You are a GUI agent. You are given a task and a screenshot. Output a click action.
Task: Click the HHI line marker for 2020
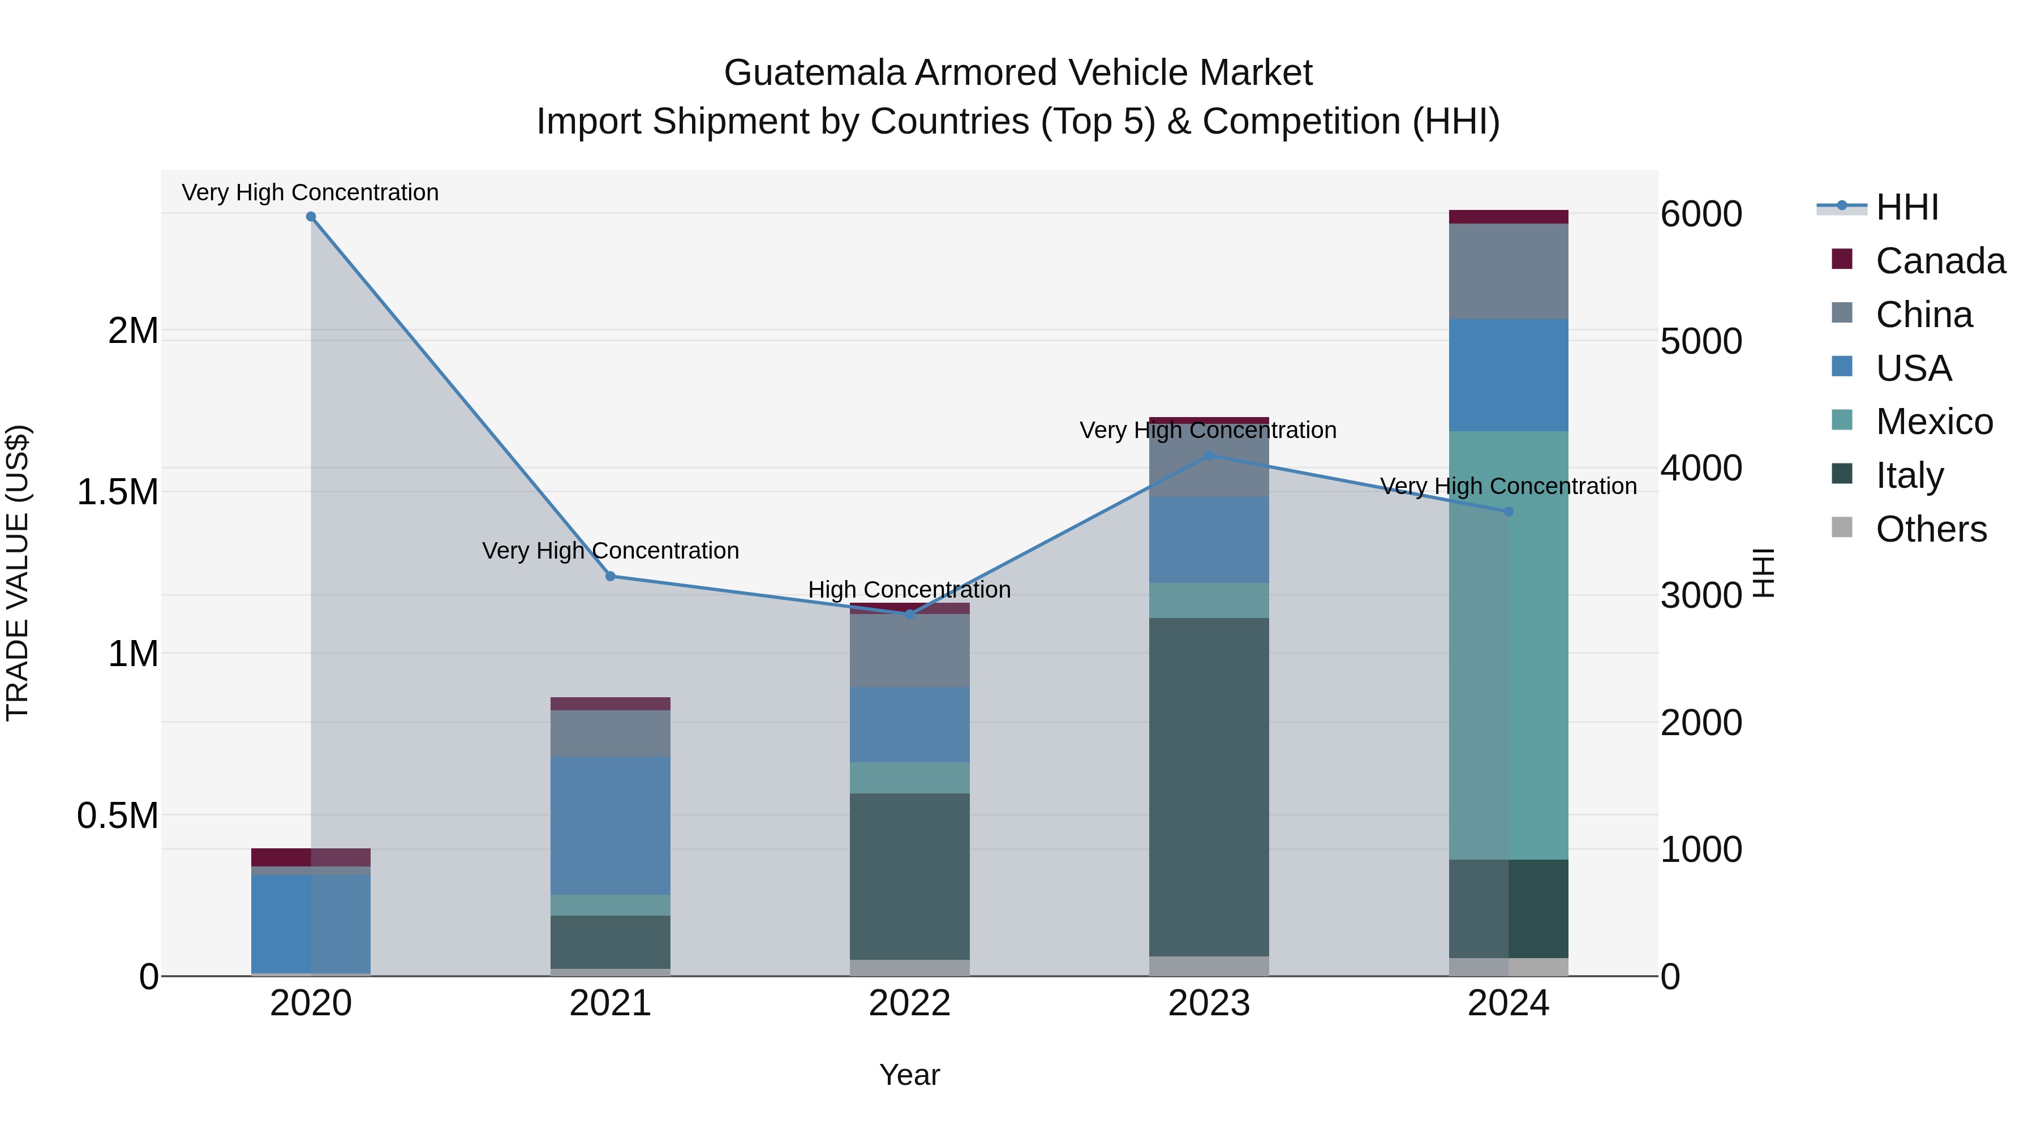[311, 217]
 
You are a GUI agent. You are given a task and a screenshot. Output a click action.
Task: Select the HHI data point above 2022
[909, 613]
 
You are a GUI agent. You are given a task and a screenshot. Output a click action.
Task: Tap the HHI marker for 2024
[1508, 512]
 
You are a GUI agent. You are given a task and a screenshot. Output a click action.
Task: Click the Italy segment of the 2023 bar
[1208, 787]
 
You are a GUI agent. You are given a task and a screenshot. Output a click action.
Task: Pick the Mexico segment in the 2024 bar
[1508, 645]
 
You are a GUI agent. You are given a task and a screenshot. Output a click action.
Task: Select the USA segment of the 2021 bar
[609, 825]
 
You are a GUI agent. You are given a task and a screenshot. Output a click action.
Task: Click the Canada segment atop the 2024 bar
[1508, 217]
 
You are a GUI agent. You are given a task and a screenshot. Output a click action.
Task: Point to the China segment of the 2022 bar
[909, 650]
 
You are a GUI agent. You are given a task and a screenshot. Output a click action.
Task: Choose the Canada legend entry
[1939, 261]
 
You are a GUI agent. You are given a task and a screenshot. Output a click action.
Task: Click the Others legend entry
[1929, 529]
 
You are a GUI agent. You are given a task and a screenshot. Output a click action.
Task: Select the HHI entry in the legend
[1906, 207]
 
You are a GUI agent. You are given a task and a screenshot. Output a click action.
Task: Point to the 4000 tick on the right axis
[1701, 468]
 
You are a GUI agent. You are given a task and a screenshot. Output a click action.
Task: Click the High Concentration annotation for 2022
[909, 590]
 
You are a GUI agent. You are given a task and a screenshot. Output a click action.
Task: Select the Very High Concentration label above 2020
[310, 193]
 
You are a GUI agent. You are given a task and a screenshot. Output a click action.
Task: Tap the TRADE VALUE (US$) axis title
[18, 573]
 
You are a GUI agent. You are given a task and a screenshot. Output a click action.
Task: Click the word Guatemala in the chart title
[814, 74]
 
